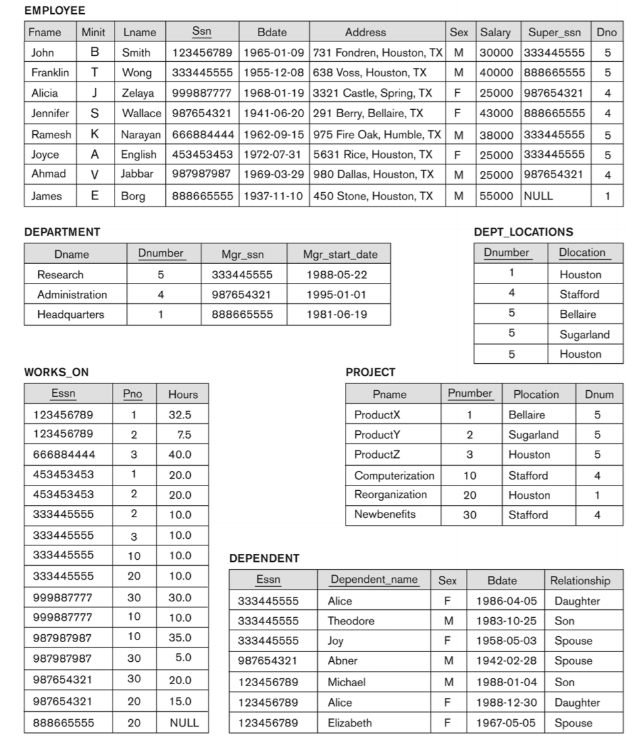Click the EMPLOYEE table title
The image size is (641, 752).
55,11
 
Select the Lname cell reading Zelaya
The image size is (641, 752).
138,93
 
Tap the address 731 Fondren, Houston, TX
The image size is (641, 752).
377,52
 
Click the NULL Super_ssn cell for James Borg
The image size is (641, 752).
539,195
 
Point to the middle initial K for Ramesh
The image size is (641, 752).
95,134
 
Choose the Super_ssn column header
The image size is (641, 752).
554,32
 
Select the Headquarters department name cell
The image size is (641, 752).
70,314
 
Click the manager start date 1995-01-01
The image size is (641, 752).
338,294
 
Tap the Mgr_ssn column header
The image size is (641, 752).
242,254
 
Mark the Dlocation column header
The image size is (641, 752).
581,253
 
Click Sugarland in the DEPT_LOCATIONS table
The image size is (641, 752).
584,334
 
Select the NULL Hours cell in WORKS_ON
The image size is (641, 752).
184,722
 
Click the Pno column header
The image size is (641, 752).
132,394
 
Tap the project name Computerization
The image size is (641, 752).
394,475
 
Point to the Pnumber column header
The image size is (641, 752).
470,393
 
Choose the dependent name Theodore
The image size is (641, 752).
351,620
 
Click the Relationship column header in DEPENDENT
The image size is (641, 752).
580,580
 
